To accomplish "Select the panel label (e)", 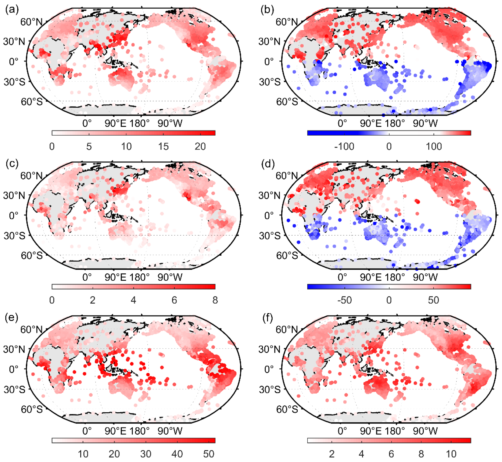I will coord(12,317).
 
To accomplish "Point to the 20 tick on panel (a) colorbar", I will coord(200,147).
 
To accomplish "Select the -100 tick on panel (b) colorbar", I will coord(344,147).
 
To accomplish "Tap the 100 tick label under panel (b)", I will coord(434,147).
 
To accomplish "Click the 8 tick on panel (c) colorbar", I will coord(215,300).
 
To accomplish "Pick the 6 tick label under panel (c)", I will coord(174,300).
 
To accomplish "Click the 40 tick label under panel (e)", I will coord(177,454).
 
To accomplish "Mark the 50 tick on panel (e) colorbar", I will coord(208,454).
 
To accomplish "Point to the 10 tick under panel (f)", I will coord(451,454).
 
